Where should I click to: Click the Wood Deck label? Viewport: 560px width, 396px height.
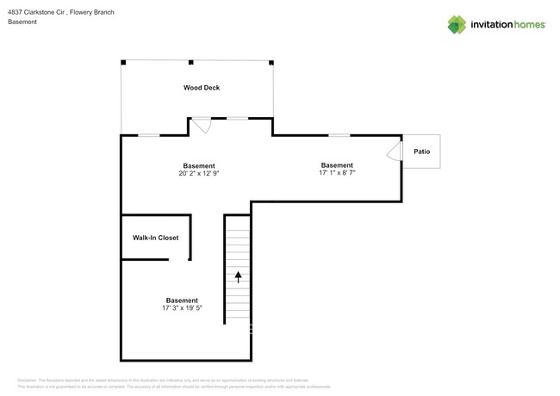(201, 88)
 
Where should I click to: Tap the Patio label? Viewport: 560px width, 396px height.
(421, 152)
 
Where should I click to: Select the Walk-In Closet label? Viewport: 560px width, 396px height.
(155, 238)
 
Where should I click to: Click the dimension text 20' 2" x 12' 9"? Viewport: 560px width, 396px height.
(198, 173)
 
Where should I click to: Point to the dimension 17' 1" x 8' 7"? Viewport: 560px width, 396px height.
(337, 173)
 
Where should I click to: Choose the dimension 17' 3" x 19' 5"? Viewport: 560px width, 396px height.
(182, 308)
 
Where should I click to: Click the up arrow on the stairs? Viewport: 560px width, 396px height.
(238, 277)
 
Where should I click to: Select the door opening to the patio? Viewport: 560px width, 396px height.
(394, 152)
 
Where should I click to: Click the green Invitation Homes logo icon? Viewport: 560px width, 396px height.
(457, 25)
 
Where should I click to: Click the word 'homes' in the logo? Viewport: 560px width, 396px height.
(527, 25)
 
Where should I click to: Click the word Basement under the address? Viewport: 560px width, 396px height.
(22, 22)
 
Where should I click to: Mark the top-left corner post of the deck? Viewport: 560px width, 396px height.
(123, 62)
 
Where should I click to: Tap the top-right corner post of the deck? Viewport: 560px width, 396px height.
(271, 62)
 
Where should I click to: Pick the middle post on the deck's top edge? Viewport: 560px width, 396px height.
(190, 62)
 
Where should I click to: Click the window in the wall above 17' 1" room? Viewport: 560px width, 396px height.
(339, 134)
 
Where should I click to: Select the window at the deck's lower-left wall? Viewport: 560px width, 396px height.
(149, 134)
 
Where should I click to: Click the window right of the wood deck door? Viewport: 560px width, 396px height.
(237, 117)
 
